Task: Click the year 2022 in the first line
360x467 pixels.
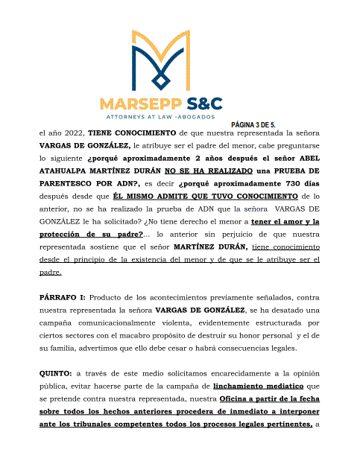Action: point(73,133)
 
